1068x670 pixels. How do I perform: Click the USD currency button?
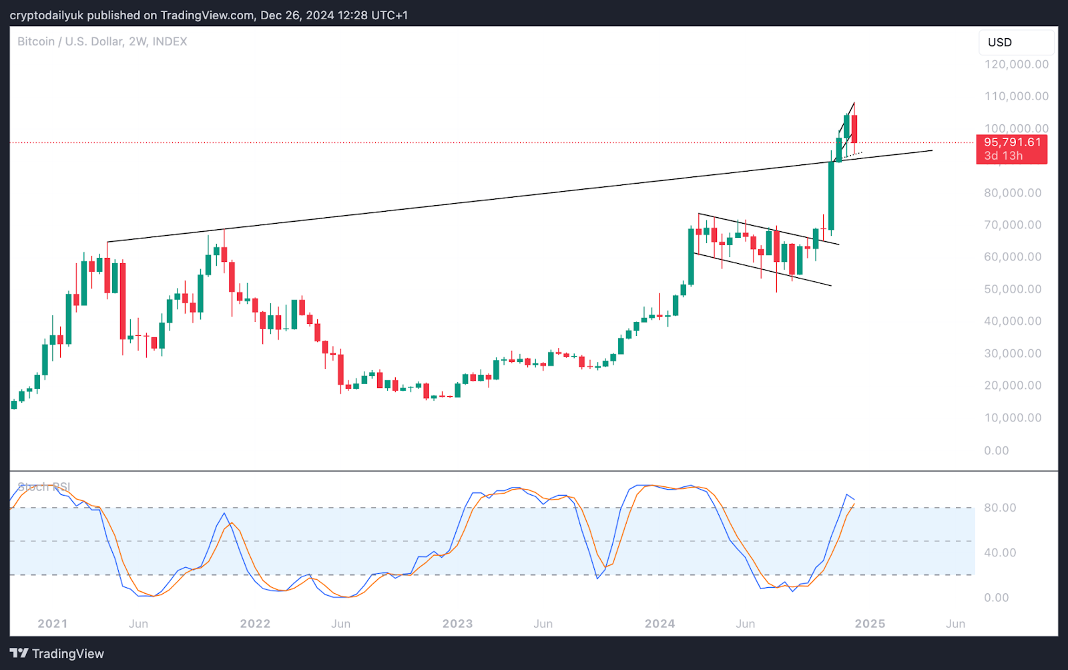(1000, 42)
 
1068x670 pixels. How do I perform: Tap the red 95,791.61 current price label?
(1012, 142)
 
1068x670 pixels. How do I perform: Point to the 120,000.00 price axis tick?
(1016, 64)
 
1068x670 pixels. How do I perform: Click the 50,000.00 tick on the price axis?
(1012, 289)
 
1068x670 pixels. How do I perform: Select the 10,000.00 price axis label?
(1012, 417)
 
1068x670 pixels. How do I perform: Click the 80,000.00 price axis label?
(1012, 193)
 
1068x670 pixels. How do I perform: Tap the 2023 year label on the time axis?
(457, 623)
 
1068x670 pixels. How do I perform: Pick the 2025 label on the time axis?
(870, 623)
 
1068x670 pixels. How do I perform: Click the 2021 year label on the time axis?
(53, 623)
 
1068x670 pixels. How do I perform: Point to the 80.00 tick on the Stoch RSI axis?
(1000, 508)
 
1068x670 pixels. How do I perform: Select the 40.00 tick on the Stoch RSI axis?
(1000, 552)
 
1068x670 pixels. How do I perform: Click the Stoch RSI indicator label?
(44, 487)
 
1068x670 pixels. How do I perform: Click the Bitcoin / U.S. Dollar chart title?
(102, 41)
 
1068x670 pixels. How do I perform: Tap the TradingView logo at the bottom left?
(57, 653)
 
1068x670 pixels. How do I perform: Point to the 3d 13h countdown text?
(1003, 156)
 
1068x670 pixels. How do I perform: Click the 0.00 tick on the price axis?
(996, 450)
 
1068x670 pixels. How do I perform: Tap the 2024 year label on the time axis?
(659, 623)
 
